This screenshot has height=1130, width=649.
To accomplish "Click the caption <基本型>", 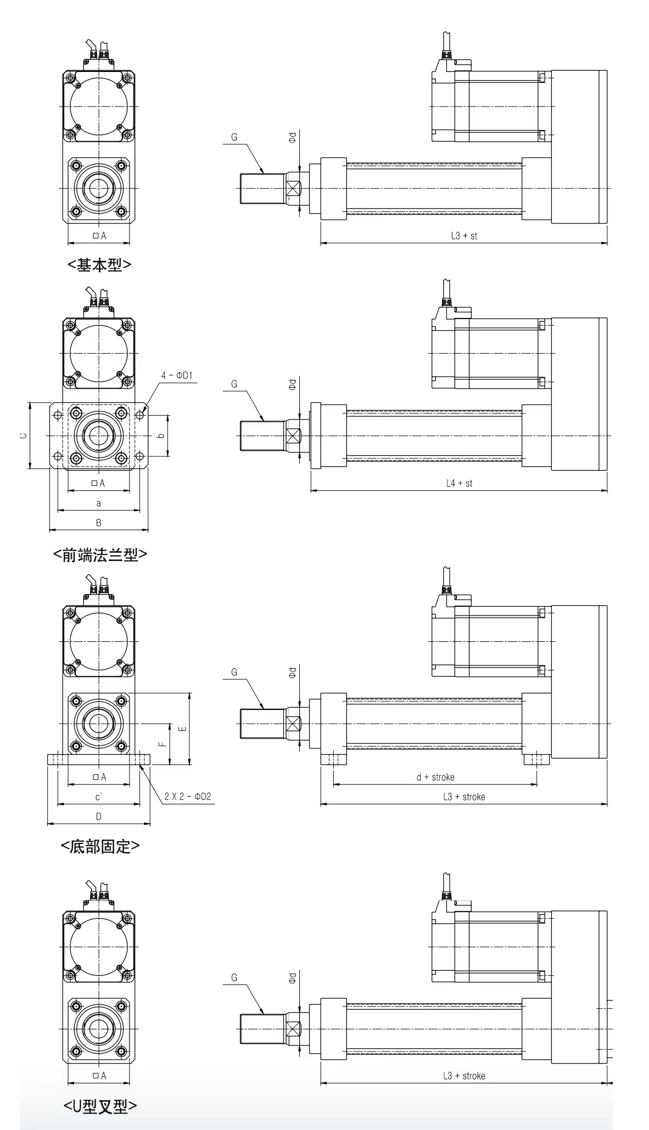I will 99,265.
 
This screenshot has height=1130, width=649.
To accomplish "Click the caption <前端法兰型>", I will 100,555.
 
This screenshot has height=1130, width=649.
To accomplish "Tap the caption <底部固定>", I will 100,846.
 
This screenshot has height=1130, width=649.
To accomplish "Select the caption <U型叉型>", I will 100,1106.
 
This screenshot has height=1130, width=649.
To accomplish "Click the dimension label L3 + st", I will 464,236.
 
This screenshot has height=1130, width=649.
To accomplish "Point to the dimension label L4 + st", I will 459,483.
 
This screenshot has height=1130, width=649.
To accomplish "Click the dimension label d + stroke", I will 435,777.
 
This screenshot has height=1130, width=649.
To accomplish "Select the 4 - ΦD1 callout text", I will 177,376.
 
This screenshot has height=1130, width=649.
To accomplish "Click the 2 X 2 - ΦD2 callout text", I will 188,796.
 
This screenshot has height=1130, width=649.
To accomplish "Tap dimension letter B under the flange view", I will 99,523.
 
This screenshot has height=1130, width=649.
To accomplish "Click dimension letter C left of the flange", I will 23,435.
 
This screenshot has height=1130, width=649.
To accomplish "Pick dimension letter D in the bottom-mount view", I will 99,816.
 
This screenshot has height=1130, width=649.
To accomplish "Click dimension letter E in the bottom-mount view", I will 183,729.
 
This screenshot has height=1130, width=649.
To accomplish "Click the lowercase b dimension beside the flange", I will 161,436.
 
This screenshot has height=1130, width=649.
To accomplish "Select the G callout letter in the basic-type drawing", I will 234,137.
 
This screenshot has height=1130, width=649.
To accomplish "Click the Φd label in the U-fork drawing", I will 292,977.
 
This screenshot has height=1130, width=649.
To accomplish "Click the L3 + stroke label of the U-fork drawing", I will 464,1076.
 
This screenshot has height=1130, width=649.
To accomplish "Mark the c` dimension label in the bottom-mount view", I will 99,797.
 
